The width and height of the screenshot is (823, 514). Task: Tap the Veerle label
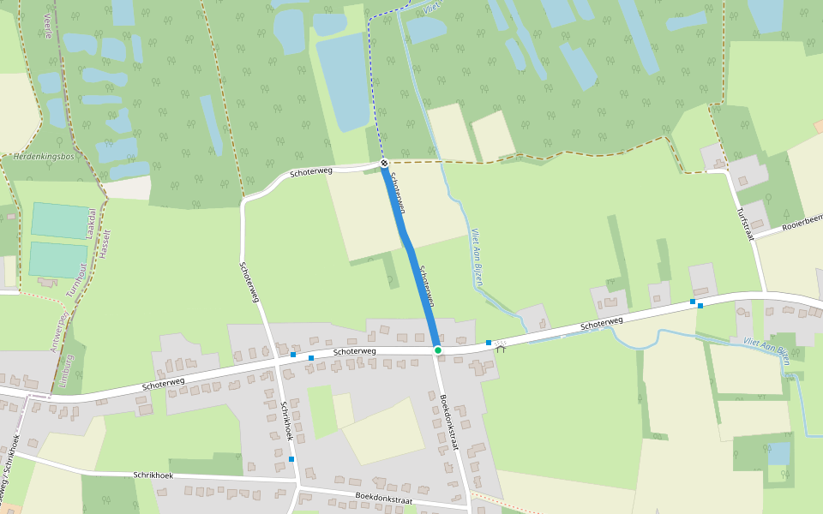[48, 28]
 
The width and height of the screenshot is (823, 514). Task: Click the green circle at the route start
[437, 350]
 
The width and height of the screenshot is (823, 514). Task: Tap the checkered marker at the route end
[383, 163]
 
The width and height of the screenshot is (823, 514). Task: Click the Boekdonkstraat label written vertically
[449, 421]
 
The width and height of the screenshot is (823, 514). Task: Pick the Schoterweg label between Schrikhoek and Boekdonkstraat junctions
[355, 351]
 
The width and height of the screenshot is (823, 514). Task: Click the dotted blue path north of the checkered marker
[369, 86]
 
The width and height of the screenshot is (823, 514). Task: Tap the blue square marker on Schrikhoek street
[291, 459]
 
